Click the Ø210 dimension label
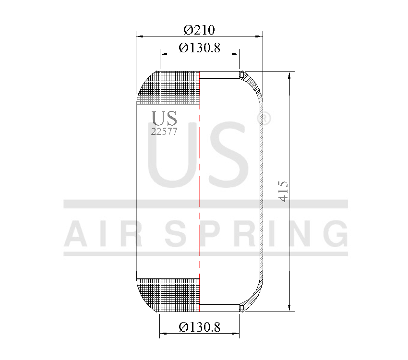[199, 30]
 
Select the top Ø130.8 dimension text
[199, 48]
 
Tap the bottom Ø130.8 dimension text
[199, 327]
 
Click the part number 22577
[164, 132]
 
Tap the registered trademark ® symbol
[264, 118]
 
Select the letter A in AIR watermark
[77, 233]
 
